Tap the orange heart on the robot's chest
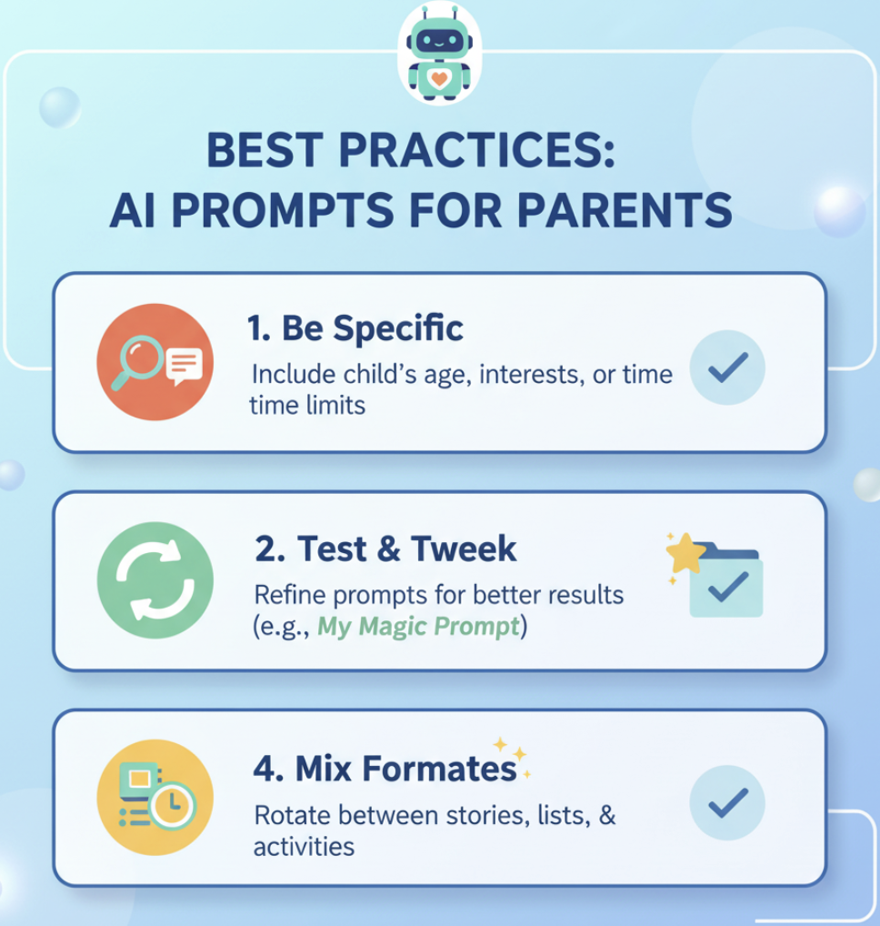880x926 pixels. pyautogui.click(x=440, y=79)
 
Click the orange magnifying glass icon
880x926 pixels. pyautogui.click(x=155, y=361)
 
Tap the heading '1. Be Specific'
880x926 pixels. pyautogui.click(x=355, y=328)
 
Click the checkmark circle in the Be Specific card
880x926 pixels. pyautogui.click(x=727, y=367)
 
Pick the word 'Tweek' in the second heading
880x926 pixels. pyautogui.click(x=464, y=549)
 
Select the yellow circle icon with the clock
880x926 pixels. pyautogui.click(x=155, y=796)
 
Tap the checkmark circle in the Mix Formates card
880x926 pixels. pyautogui.click(x=727, y=801)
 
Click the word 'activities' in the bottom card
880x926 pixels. pyautogui.click(x=304, y=846)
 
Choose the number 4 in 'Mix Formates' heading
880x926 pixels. pyautogui.click(x=264, y=769)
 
